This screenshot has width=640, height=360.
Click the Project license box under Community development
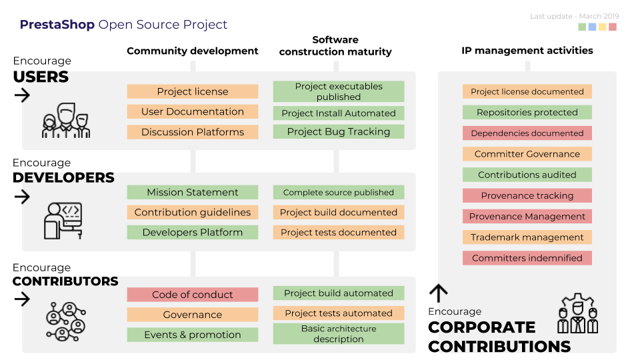pos(192,92)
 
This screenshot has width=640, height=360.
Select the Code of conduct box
pos(192,295)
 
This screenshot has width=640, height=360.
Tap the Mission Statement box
pos(192,193)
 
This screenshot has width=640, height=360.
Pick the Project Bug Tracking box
pos(338,132)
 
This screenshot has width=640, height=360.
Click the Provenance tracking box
pos(527,196)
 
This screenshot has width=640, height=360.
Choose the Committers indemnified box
pos(527,258)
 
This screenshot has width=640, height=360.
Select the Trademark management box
pos(527,237)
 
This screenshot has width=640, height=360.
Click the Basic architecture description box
pos(338,334)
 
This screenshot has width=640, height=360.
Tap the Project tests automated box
pos(338,313)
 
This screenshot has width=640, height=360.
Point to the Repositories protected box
pos(527,113)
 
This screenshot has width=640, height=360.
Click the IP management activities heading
pos(527,51)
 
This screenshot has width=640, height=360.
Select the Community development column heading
pos(192,51)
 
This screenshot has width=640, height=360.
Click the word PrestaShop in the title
pos(57,25)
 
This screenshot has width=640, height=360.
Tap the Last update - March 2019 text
pos(574,16)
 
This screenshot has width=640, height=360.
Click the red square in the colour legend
pos(613,27)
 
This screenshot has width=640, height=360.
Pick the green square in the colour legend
pos(583,27)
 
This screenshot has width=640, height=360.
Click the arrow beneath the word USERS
pos(22,95)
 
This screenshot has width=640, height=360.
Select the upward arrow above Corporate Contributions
pos(438,293)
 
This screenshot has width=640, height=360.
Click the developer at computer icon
pos(63,221)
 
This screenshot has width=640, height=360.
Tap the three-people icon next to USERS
pos(65,121)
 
